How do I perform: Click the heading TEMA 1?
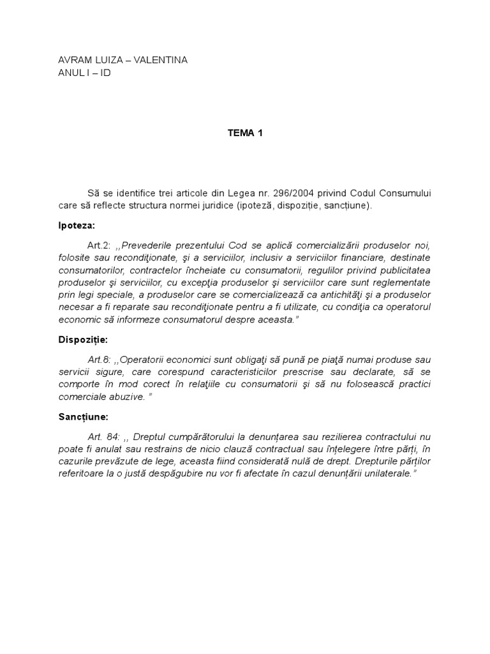pyautogui.click(x=245, y=133)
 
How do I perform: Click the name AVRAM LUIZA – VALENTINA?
pyautogui.click(x=123, y=60)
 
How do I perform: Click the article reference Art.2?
pyautogui.click(x=100, y=246)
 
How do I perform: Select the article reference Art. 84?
pyautogui.click(x=104, y=437)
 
